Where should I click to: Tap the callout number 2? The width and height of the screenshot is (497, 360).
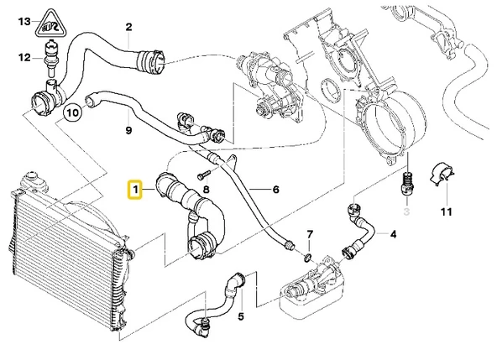[128, 27]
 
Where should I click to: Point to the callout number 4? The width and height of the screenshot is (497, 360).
[393, 234]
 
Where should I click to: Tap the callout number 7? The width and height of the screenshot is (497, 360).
[310, 232]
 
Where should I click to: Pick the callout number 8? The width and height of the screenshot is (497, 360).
[207, 191]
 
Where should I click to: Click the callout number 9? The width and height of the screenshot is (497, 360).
[128, 130]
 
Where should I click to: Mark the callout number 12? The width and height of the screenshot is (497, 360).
[24, 56]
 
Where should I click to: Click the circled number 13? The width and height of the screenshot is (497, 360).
[24, 20]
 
